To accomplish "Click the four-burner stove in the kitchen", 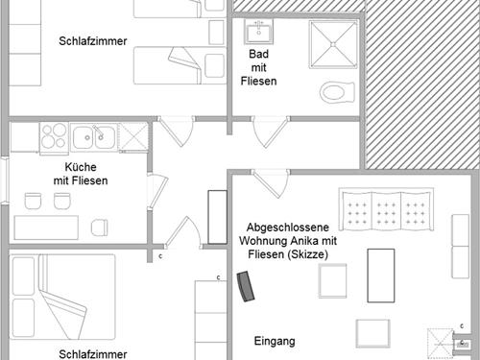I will [x=53, y=137].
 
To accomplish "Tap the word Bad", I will [x=258, y=55].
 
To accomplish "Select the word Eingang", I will [x=274, y=341].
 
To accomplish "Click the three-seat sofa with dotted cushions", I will [x=388, y=210].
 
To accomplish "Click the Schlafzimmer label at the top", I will [x=93, y=40].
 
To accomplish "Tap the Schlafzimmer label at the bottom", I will [x=93, y=353].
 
